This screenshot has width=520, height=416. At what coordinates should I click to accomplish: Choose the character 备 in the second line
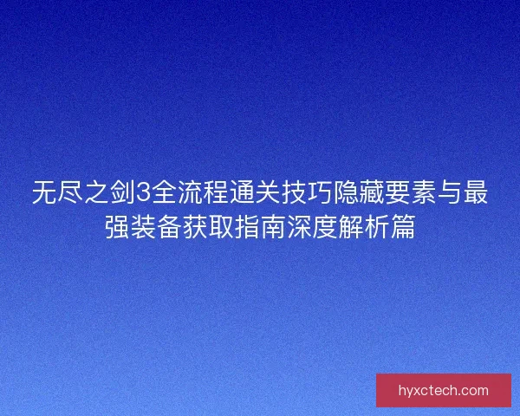tap(170, 228)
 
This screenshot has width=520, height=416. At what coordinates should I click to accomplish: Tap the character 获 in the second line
tap(196, 228)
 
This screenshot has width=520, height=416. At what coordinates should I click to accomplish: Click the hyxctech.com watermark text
tap(443, 390)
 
